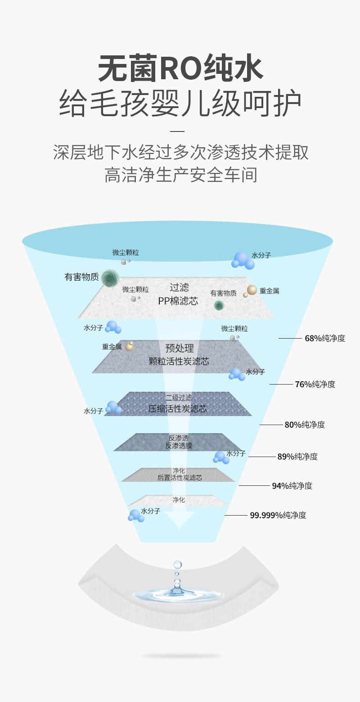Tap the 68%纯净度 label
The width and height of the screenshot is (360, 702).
(x=325, y=338)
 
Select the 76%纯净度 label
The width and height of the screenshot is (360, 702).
(x=315, y=384)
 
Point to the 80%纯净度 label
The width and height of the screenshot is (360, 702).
(x=305, y=425)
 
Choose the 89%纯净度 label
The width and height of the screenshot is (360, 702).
(x=297, y=457)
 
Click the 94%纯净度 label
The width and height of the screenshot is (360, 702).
(x=292, y=486)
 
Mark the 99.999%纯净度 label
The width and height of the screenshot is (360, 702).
(x=278, y=516)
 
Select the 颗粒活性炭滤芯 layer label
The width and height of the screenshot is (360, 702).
(x=179, y=362)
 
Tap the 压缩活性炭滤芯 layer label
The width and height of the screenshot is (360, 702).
(x=178, y=409)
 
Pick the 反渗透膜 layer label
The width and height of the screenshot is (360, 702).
(x=179, y=446)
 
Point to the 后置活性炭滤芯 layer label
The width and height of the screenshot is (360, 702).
(x=180, y=477)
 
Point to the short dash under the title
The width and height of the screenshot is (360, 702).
(x=179, y=131)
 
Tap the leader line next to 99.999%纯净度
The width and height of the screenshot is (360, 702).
(x=236, y=516)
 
